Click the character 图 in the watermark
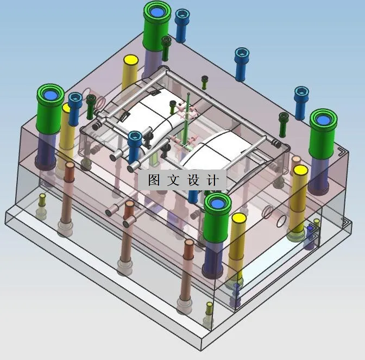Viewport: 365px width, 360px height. click(x=153, y=181)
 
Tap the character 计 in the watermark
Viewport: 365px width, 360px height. click(x=213, y=181)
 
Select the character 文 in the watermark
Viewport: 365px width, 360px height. click(x=173, y=181)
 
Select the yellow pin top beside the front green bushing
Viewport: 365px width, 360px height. click(x=238, y=219)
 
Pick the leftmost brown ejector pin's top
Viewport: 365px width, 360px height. click(x=69, y=165)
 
